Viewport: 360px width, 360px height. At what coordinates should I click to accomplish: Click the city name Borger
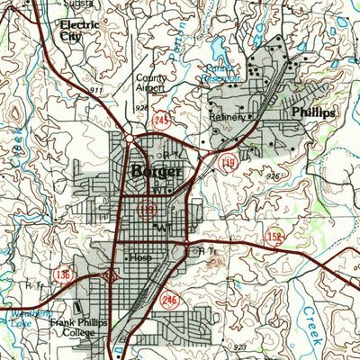pos(148,171)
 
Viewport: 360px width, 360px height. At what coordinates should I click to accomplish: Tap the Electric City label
pos(78,31)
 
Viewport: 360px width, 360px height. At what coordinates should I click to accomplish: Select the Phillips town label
pos(314,112)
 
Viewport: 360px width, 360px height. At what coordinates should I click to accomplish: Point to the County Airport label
pos(152,84)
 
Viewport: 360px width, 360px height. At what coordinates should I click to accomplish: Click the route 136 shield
pos(63,274)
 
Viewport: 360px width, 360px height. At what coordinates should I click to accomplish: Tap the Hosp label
pos(141,258)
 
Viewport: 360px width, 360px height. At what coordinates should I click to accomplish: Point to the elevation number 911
pos(96,92)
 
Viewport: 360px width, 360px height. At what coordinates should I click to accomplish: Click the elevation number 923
pos(239,346)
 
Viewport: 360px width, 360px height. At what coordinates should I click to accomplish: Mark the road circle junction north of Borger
pos(130,138)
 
